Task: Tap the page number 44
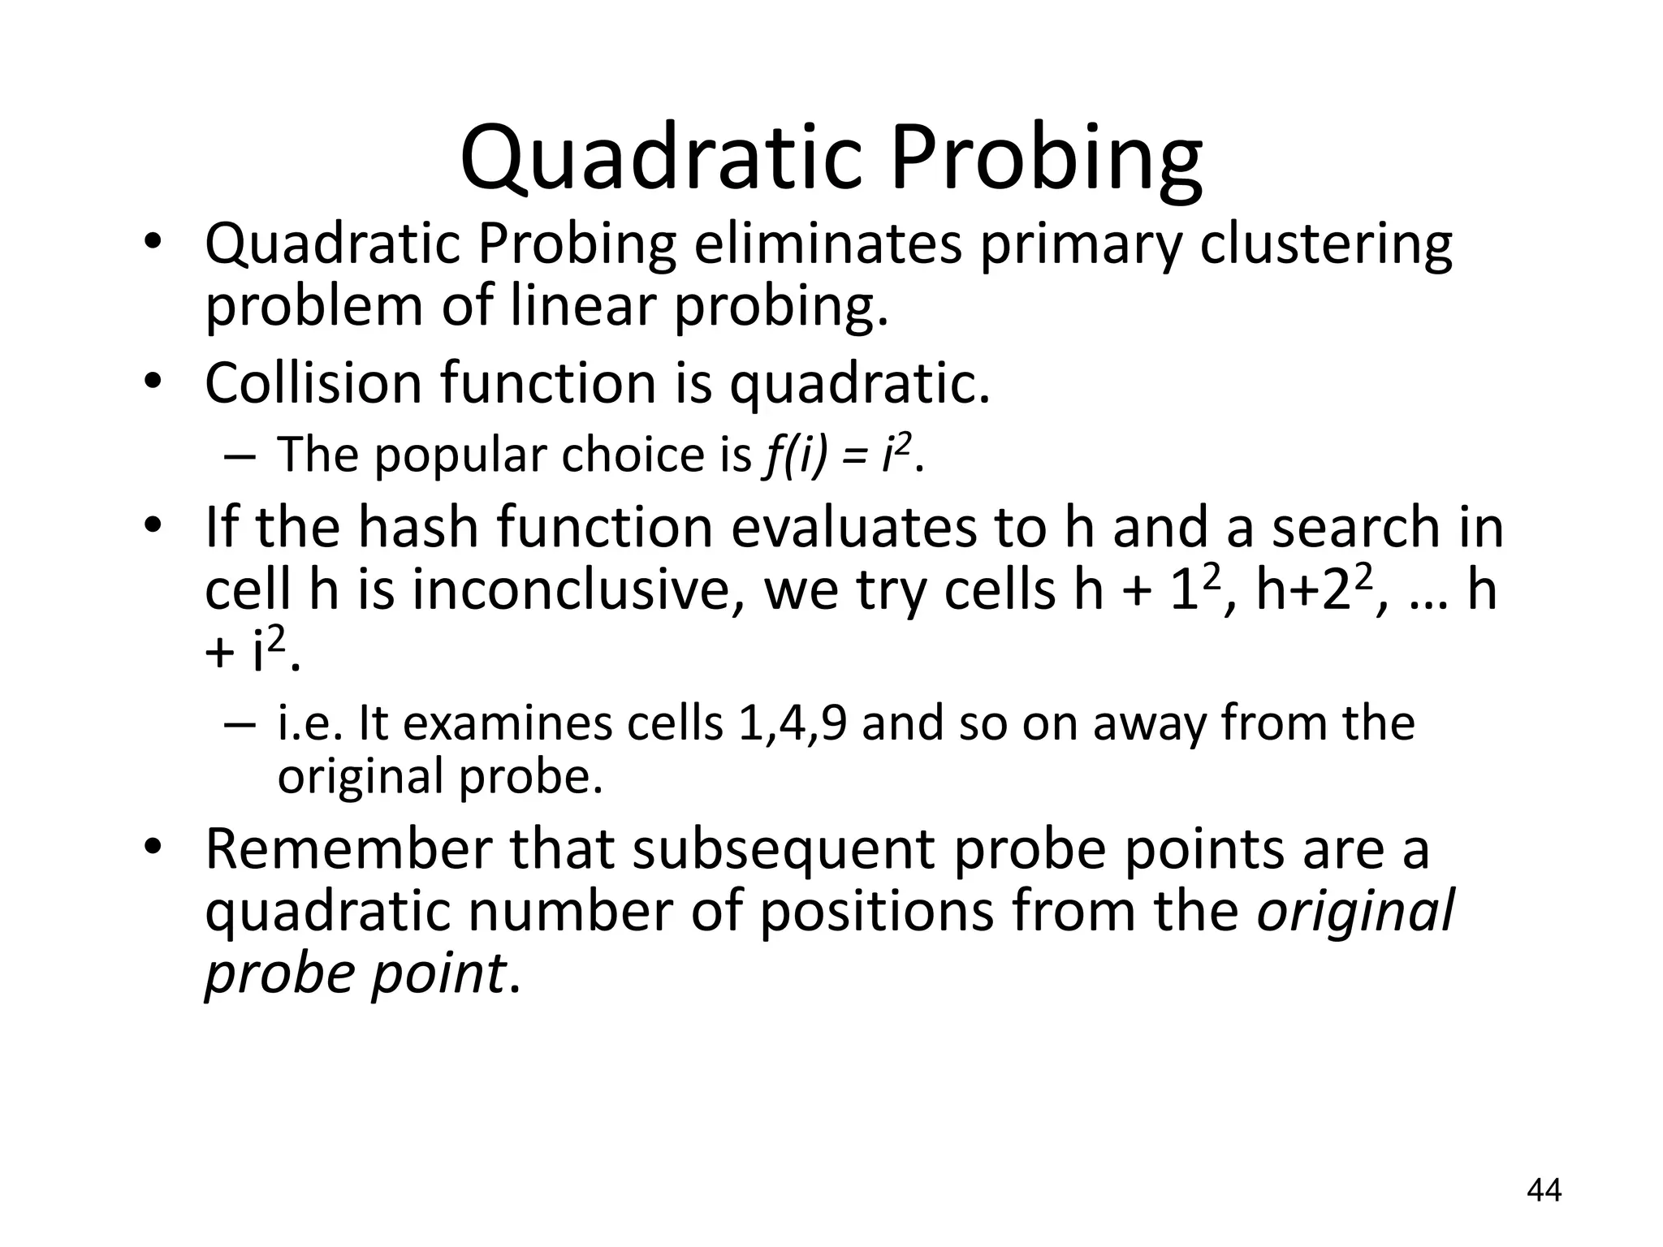[1544, 1190]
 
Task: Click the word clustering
[1325, 244]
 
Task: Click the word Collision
[313, 383]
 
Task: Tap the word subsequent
[784, 849]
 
